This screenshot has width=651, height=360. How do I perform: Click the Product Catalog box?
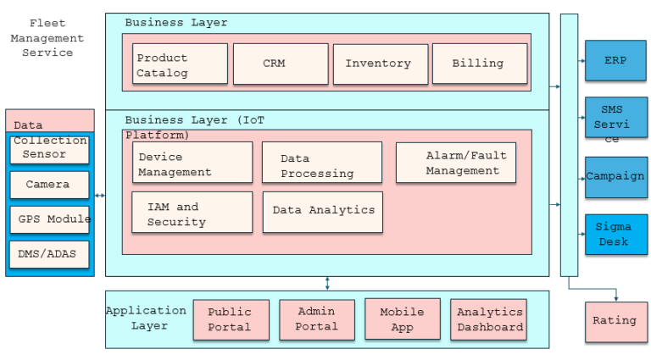click(180, 64)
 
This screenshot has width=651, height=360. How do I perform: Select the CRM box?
click(281, 64)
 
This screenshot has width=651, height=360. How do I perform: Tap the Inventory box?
click(378, 64)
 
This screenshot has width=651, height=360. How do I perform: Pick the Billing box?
click(479, 64)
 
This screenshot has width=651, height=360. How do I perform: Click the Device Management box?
click(192, 163)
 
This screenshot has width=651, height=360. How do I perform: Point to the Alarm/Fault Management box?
click(456, 163)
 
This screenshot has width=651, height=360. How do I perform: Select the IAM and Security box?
click(192, 213)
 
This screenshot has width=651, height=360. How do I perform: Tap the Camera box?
click(50, 185)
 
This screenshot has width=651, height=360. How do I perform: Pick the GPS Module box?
click(50, 219)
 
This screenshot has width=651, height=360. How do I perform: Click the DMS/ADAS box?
click(50, 254)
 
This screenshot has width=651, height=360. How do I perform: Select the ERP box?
click(615, 61)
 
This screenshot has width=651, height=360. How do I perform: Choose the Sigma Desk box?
click(615, 235)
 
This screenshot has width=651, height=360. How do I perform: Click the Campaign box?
click(615, 177)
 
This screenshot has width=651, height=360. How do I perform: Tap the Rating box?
click(615, 322)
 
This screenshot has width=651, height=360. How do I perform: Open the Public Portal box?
click(231, 319)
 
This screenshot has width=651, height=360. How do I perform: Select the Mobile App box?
click(403, 319)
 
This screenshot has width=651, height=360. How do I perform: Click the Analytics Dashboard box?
click(488, 319)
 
